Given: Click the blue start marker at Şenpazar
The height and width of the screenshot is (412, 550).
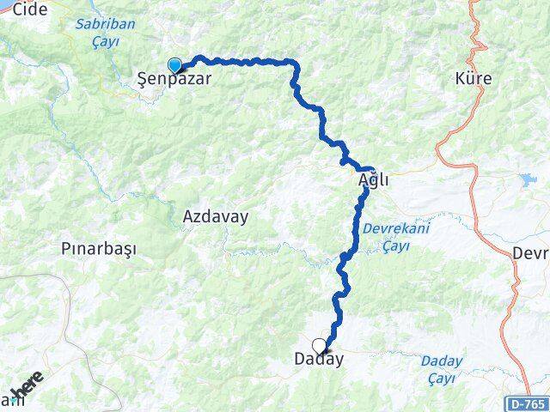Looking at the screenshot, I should pos(174,65).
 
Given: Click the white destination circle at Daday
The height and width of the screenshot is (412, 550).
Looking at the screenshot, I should pos(320,347).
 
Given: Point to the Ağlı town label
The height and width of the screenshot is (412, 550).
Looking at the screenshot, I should pos(374,181).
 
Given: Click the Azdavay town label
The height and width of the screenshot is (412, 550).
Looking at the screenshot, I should pos(215,217).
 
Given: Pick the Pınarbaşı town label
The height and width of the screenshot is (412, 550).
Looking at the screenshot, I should pos(99,249).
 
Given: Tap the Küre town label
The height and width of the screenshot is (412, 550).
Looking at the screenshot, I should pos(475,79).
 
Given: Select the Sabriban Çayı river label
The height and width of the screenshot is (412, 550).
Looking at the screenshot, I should pos(105,32).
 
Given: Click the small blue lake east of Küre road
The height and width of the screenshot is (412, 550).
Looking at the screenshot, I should pos(526,179).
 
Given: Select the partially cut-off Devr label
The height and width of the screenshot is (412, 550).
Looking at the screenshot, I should pos(531,253).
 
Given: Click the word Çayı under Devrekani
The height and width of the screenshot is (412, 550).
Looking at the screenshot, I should pos(395,246).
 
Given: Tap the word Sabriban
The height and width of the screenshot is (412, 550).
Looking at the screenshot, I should pos(105,24).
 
